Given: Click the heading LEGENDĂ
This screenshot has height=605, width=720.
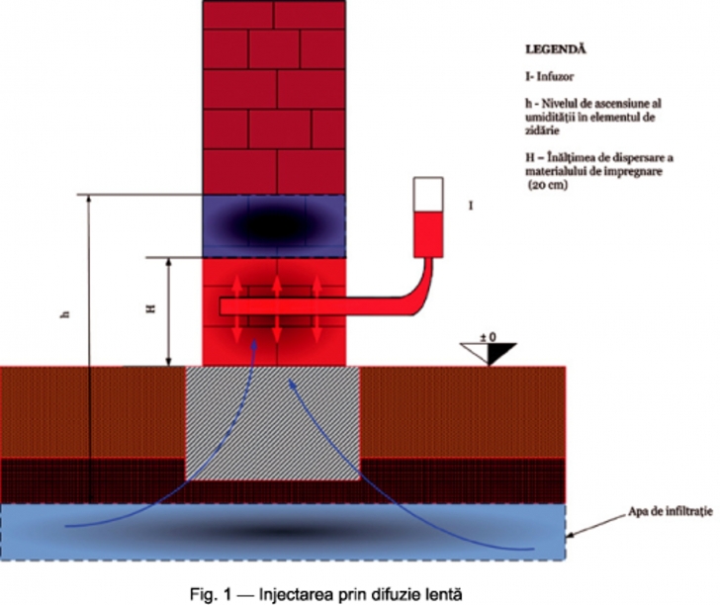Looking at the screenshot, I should coord(557,47).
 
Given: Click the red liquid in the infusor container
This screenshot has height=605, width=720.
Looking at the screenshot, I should coord(429,228).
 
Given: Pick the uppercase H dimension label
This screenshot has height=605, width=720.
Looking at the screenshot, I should coord(150,309).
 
